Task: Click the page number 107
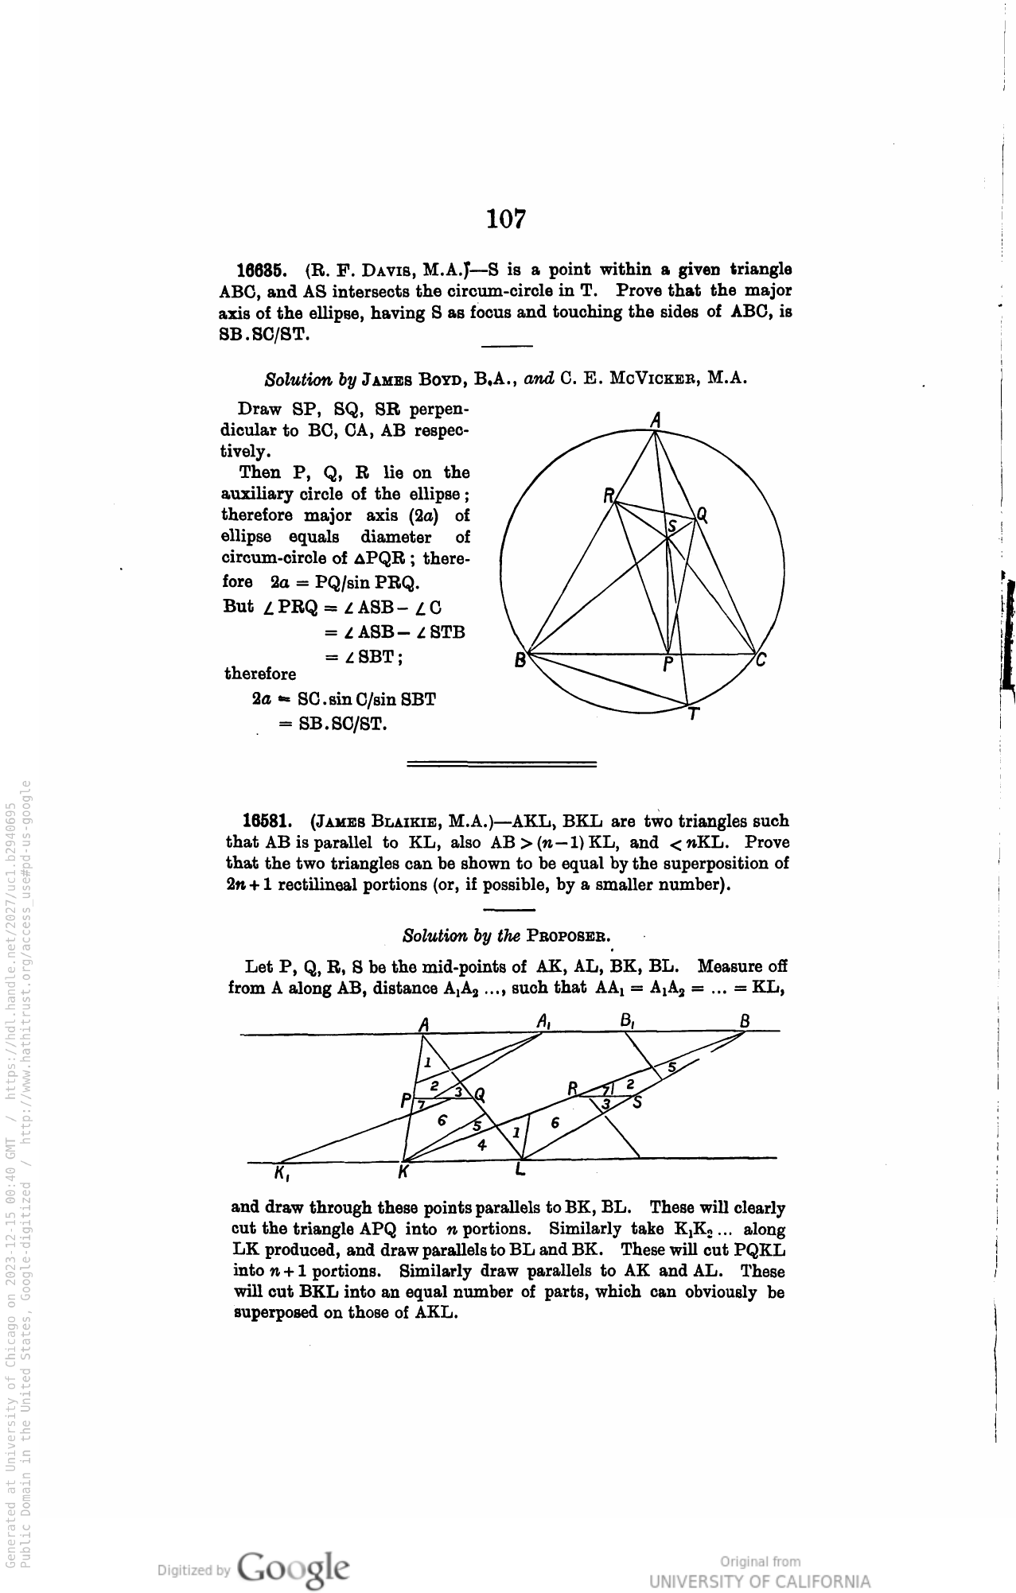[x=507, y=218]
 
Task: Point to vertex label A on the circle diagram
[x=656, y=419]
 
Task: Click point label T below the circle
[x=693, y=714]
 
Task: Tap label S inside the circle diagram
[x=671, y=526]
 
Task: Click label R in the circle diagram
[x=609, y=496]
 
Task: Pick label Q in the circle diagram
[x=702, y=515]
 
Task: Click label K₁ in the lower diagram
[x=280, y=1172]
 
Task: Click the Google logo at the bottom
[x=293, y=1568]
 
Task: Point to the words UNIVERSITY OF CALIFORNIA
[x=759, y=1581]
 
